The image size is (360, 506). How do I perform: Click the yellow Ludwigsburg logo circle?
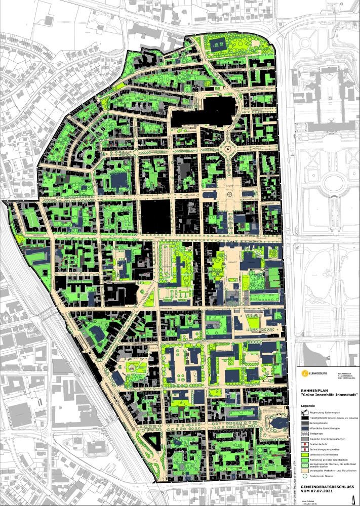point(304,373)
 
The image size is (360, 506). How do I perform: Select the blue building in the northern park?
point(219,45)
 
